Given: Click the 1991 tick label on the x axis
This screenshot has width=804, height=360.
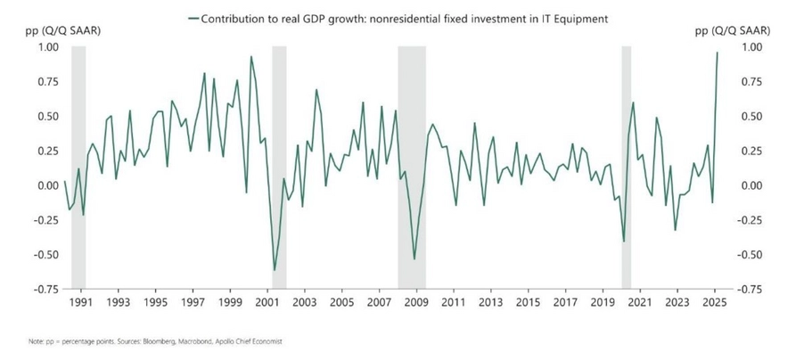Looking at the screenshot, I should pos(82,303).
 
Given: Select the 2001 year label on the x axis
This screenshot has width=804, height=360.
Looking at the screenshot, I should pos(268,303).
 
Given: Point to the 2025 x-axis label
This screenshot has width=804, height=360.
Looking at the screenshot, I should pos(714,303).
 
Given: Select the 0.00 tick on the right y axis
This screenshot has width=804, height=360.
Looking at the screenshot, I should pos(752,185).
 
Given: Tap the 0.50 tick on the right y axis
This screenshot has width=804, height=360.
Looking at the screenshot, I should pos(752,117).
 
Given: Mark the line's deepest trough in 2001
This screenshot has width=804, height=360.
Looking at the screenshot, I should pos(275,270).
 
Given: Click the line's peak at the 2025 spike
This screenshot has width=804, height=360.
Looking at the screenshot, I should pos(718,52).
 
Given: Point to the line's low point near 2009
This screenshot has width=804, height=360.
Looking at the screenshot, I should pos(414,259).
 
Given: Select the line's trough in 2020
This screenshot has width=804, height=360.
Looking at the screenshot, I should pos(624,241).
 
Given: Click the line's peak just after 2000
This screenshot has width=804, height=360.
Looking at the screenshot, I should pos(250,57).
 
